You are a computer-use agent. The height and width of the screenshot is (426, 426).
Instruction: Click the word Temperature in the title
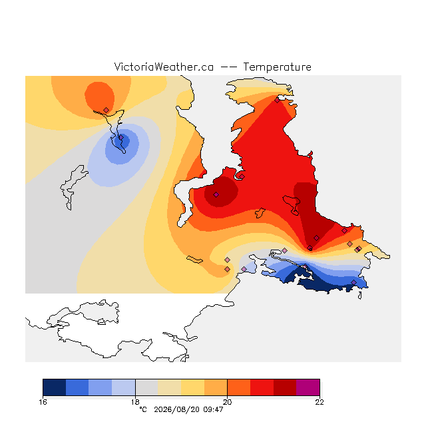pyautogui.click(x=277, y=67)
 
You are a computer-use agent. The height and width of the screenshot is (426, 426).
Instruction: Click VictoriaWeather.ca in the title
pyautogui.click(x=164, y=67)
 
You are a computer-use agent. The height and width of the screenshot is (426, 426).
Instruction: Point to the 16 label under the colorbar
pyautogui.click(x=43, y=402)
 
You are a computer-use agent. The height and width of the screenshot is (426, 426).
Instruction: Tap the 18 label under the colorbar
pyautogui.click(x=135, y=402)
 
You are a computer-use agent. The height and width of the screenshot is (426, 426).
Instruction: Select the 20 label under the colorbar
pyautogui.click(x=228, y=402)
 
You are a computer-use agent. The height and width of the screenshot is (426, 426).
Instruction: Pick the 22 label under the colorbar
pyautogui.click(x=319, y=402)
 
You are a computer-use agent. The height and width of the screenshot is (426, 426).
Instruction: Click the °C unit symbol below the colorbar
pyautogui.click(x=143, y=409)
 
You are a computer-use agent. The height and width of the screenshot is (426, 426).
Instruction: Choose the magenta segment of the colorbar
pyautogui.click(x=308, y=387)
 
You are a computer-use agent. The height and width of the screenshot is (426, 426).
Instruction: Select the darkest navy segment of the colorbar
pyautogui.click(x=55, y=387)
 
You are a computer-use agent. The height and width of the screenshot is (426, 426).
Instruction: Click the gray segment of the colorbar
pyautogui.click(x=146, y=387)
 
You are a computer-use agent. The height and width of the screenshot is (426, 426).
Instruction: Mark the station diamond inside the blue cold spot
pyautogui.click(x=121, y=138)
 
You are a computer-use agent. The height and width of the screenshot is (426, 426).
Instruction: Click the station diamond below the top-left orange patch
pyautogui.click(x=106, y=110)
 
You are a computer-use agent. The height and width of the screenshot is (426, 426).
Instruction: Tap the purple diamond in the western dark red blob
pyautogui.click(x=216, y=194)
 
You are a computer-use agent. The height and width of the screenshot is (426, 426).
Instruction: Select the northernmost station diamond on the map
pyautogui.click(x=277, y=101)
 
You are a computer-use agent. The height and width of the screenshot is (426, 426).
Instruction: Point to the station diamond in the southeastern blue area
pyautogui.click(x=353, y=282)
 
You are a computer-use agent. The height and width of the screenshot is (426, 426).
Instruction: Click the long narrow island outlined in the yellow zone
pyautogui.click(x=194, y=260)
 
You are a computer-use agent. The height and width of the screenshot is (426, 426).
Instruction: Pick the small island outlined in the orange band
pyautogui.click(x=260, y=213)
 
